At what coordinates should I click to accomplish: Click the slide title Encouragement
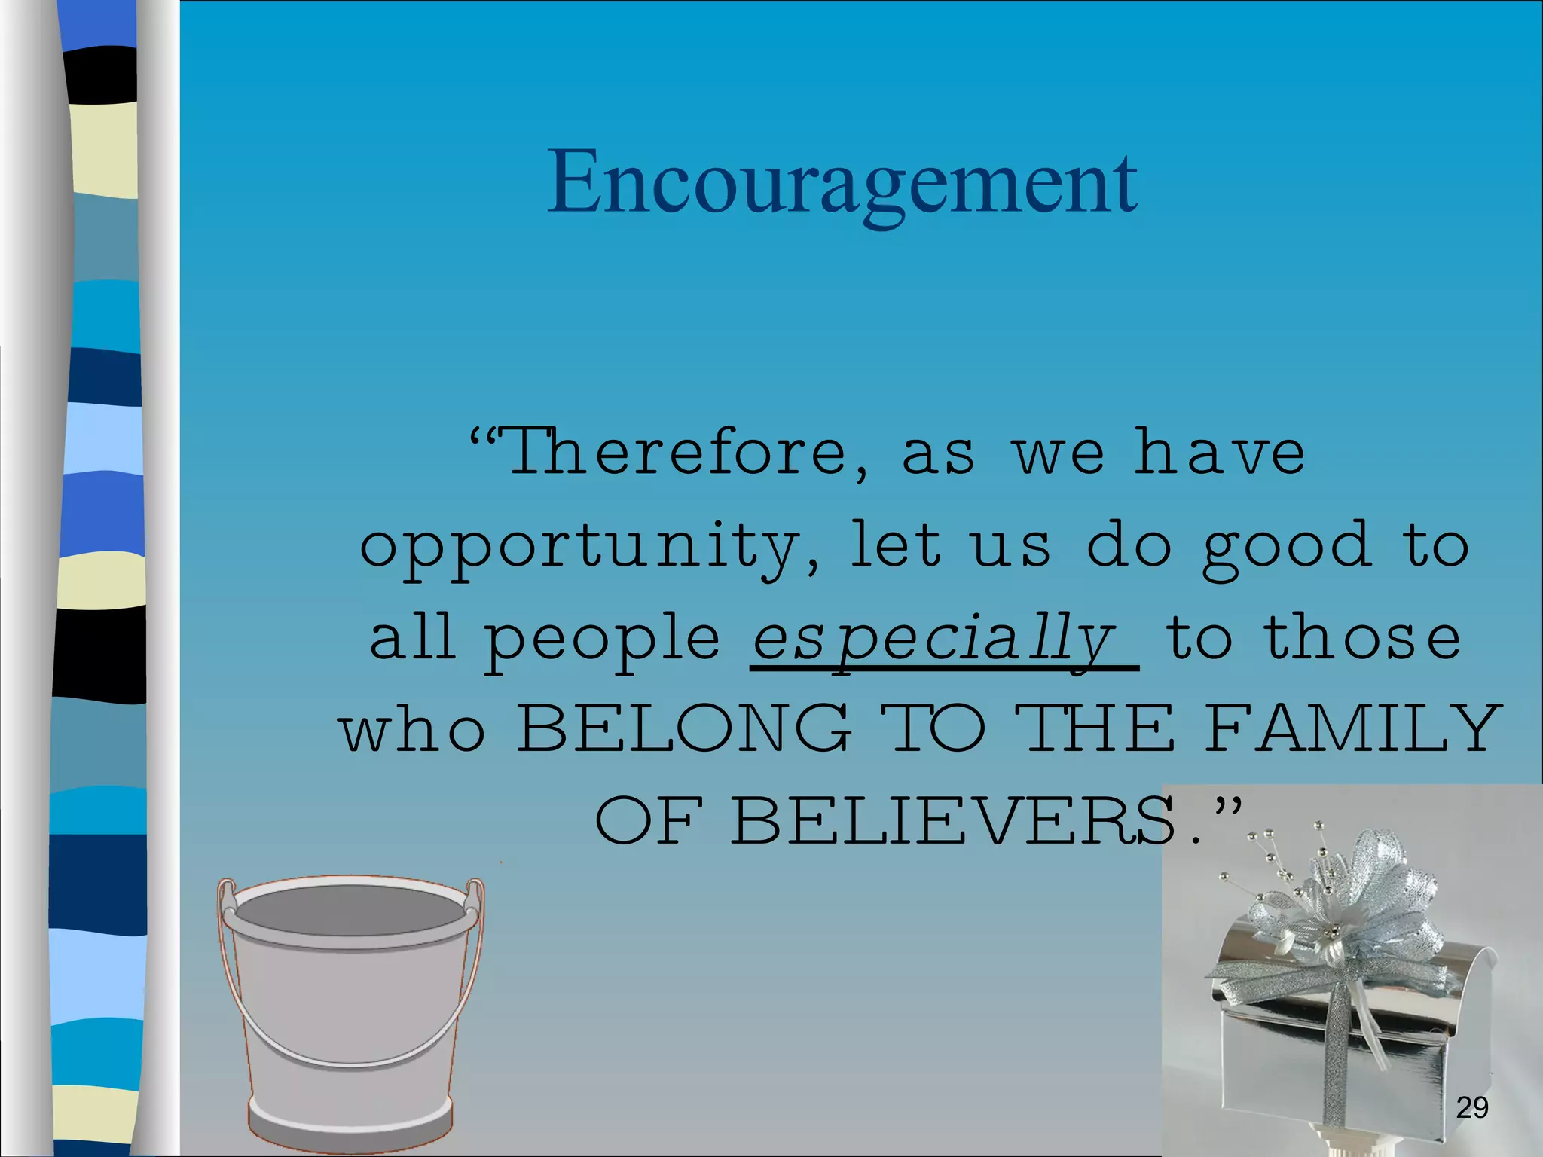[x=842, y=183]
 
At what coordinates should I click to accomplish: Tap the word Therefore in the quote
[x=678, y=452]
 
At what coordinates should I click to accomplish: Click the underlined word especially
[x=934, y=639]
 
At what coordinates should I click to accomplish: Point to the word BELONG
[x=683, y=728]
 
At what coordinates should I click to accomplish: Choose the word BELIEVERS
[x=953, y=820]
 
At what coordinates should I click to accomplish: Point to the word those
[x=1362, y=637]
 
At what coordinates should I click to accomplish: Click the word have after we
[x=1221, y=452]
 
